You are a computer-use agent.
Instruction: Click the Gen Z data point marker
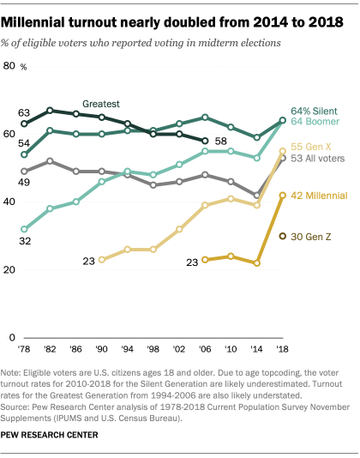pyautogui.click(x=282, y=235)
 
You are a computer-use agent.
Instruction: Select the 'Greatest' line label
pyautogui.click(x=101, y=101)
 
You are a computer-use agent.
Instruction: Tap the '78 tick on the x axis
pyautogui.click(x=24, y=352)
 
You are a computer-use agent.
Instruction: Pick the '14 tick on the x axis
pyautogui.click(x=256, y=352)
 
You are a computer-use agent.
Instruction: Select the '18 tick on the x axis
pyautogui.click(x=282, y=352)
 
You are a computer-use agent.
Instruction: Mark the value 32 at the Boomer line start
pyautogui.click(x=24, y=243)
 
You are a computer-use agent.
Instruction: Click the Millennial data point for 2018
pyautogui.click(x=282, y=195)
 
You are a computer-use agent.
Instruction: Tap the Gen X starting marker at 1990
pyautogui.click(x=102, y=259)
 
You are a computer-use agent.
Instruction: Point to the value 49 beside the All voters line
pyautogui.click(x=24, y=184)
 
